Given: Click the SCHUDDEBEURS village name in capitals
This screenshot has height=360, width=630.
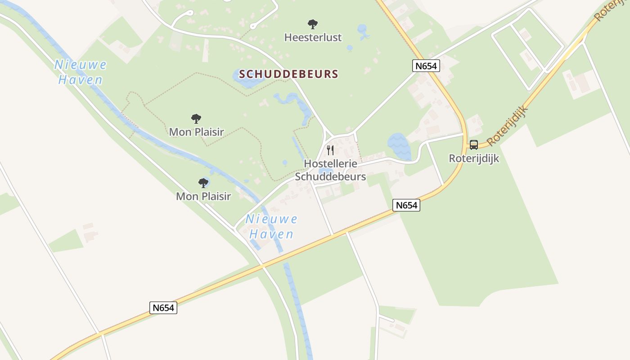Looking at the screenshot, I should coord(288,74).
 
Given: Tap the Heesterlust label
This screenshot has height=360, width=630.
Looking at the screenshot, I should coord(313,37).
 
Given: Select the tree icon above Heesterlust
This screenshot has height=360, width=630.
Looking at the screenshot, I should coord(312,24).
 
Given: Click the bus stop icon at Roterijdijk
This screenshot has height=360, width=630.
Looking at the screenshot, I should coord(474,145).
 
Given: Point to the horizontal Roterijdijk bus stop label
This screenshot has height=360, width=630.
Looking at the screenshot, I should coord(474,158).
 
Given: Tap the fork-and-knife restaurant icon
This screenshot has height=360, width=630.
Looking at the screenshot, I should coord(330,150).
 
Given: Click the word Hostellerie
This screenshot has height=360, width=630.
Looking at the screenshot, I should coord(330,163).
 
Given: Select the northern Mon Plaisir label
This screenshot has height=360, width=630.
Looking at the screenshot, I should coord(196,132).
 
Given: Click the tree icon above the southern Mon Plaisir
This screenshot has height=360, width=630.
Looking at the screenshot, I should coord(203,183).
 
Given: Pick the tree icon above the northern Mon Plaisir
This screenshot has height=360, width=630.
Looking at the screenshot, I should coord(196,119).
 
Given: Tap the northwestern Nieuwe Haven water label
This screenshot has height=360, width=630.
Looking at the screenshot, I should coord(80,72).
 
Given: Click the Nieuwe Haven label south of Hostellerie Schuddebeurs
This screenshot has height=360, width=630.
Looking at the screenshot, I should coord(271,226).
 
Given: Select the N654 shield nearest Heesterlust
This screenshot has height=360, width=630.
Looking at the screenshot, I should coord(425,66).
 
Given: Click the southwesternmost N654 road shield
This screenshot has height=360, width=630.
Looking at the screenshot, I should coord(163,308).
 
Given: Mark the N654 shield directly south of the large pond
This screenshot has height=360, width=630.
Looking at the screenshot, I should coord(406,205).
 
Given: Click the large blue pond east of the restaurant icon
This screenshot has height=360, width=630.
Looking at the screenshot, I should coord(399,145).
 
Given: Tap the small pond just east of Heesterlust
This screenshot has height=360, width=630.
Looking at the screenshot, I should coord(363,31).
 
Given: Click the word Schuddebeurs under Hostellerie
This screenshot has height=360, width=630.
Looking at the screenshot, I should coord(330,176).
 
